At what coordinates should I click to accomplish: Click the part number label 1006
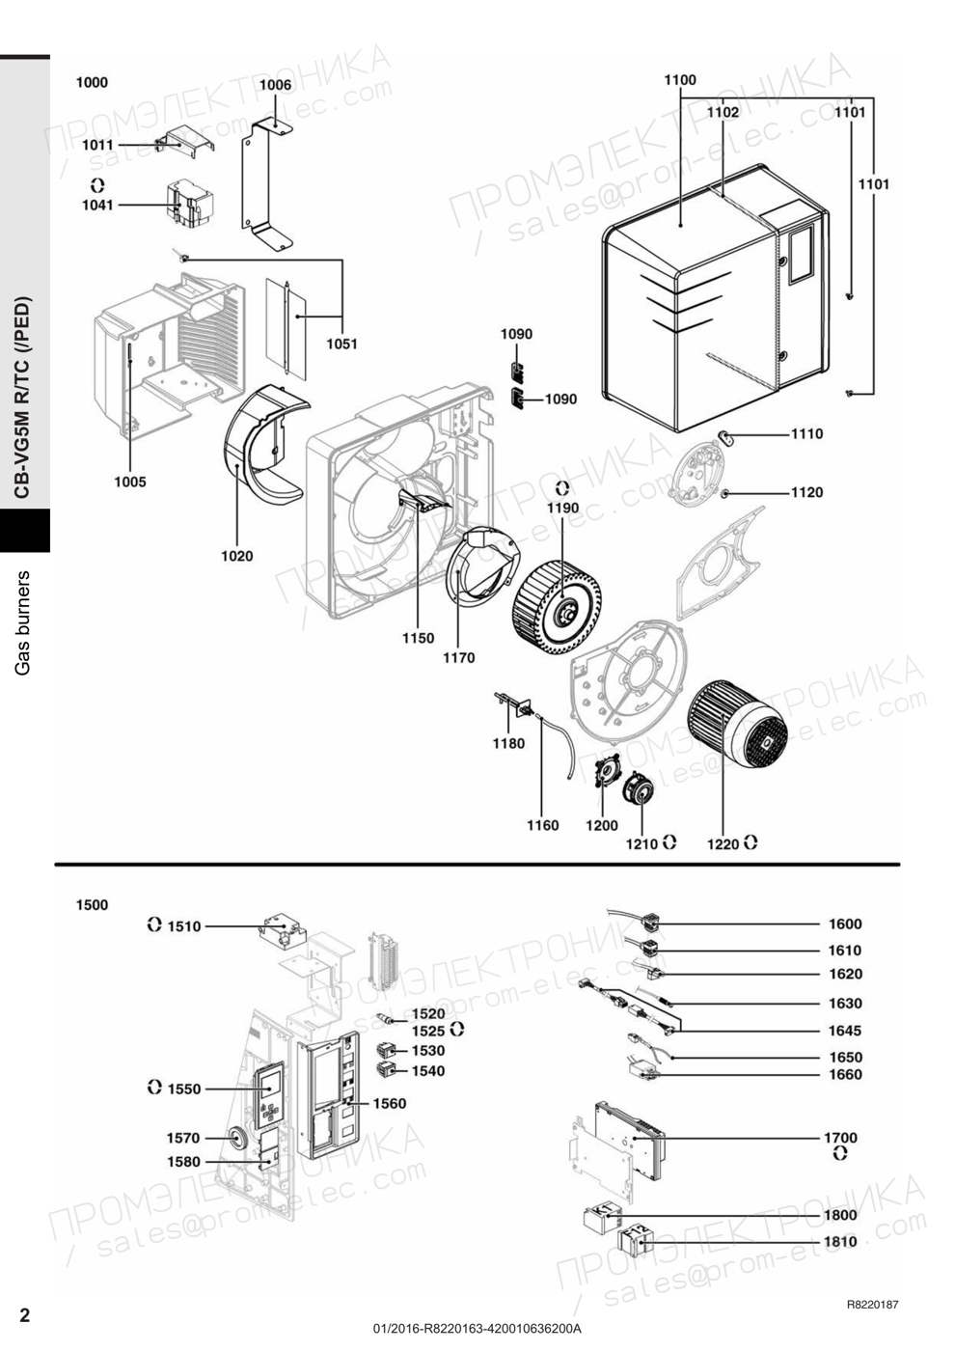coord(275,85)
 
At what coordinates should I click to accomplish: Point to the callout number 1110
coord(806,434)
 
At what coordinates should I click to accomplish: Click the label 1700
coord(840,1138)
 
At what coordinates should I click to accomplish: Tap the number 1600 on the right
coord(845,924)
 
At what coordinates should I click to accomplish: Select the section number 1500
coord(93,905)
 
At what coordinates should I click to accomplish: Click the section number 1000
coord(93,83)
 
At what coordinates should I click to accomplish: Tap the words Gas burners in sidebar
coord(23,622)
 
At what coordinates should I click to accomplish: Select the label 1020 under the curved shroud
coord(237,556)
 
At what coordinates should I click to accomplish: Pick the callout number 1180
coord(509,744)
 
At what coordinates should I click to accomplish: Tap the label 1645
coord(845,1031)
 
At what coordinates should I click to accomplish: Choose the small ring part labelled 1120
coord(725,494)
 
